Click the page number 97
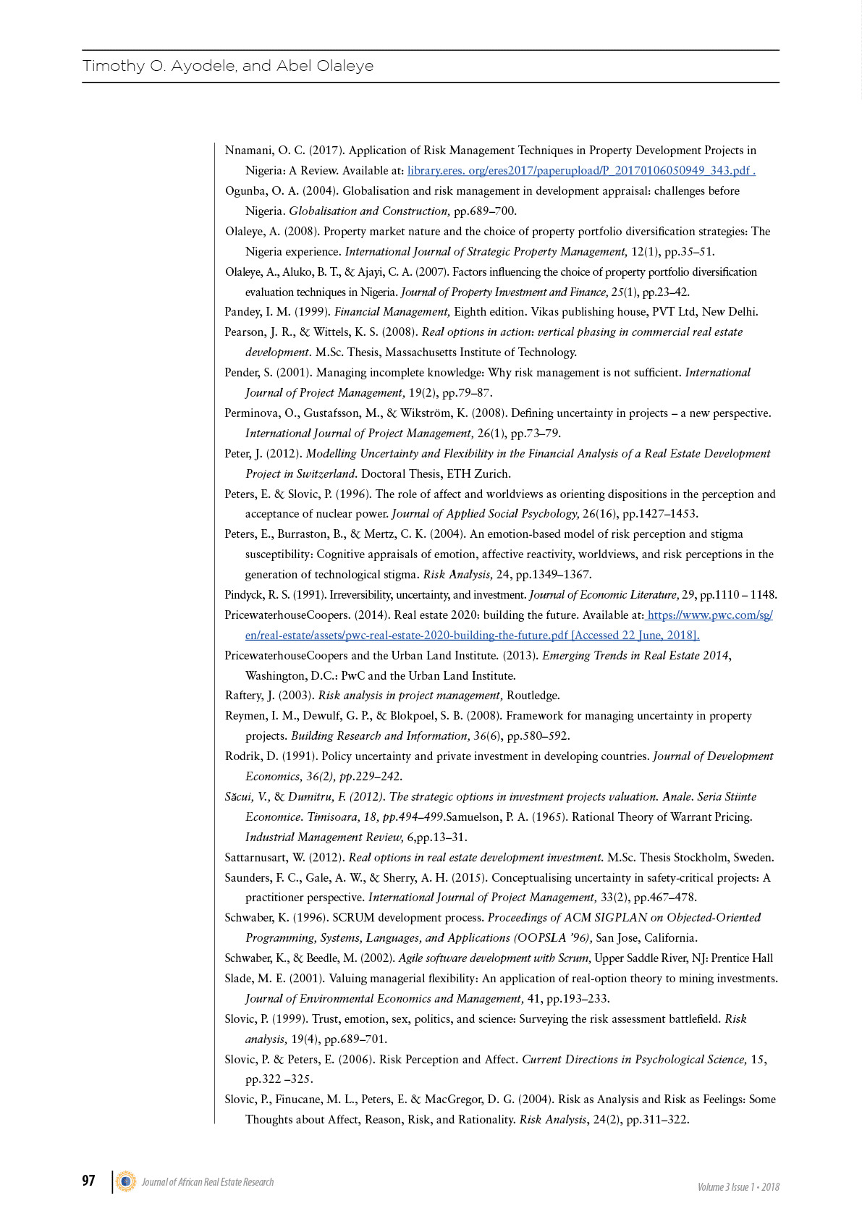(88, 1181)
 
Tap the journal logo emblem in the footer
(126, 1181)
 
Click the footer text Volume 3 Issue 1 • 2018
(738, 1187)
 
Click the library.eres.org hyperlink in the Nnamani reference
(581, 171)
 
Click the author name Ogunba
(247, 191)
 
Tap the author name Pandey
(242, 312)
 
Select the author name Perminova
(251, 413)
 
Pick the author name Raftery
(244, 696)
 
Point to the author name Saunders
(248, 878)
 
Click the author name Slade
(238, 979)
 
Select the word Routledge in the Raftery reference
(533, 696)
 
